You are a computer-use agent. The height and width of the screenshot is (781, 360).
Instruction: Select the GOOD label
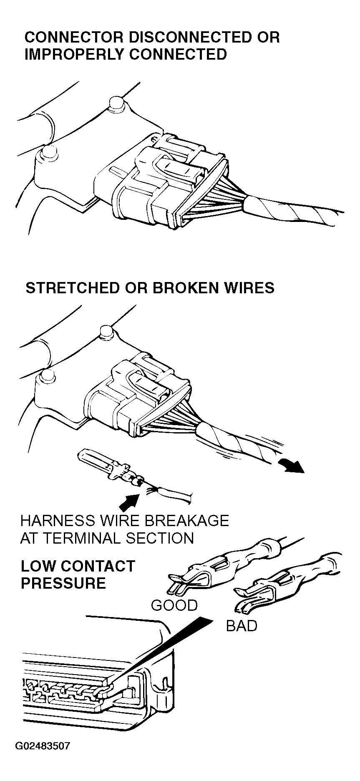[x=174, y=605]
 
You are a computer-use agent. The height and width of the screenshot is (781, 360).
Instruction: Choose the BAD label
[x=242, y=626]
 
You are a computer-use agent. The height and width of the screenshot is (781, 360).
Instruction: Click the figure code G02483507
[x=43, y=746]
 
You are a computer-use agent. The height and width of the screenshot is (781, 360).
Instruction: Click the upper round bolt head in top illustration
[x=115, y=103]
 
